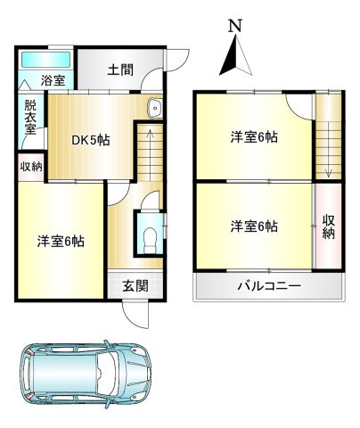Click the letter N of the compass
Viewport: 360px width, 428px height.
(234, 26)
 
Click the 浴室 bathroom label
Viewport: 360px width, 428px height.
(53, 81)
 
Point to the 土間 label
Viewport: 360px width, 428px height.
(122, 70)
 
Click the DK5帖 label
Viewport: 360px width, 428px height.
(90, 140)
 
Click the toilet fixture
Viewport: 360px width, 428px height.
(150, 238)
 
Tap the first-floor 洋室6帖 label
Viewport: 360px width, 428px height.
(61, 241)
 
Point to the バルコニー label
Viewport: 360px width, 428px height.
(268, 287)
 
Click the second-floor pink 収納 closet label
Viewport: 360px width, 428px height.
(328, 226)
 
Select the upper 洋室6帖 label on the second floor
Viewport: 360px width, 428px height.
(254, 137)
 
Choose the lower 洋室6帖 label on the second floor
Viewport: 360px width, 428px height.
(254, 226)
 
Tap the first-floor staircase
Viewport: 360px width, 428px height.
(150, 152)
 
